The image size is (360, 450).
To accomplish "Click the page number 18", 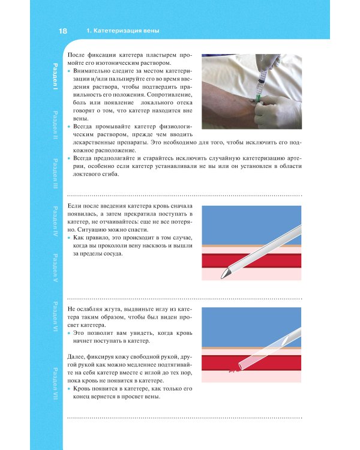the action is pyautogui.click(x=62, y=31).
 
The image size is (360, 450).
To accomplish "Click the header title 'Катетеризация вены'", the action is pyautogui.click(x=127, y=31).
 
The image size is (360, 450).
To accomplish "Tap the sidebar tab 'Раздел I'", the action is pyautogui.click(x=55, y=76).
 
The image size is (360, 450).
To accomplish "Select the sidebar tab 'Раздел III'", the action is pyautogui.click(x=55, y=173).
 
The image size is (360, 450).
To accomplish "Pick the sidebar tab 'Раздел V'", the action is pyautogui.click(x=55, y=268).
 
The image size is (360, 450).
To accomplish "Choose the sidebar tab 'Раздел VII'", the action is pyautogui.click(x=55, y=384).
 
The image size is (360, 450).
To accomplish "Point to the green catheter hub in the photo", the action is pyautogui.click(x=259, y=98).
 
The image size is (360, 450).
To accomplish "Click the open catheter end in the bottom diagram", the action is pyautogui.click(x=241, y=367).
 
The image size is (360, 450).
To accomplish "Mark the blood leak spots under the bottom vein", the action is pyautogui.click(x=233, y=371).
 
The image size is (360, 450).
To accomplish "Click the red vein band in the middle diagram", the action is pyautogui.click(x=251, y=260).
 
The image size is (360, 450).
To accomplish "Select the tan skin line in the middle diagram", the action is pyautogui.click(x=251, y=246).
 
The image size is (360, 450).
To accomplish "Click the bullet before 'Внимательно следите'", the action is pyautogui.click(x=69, y=71).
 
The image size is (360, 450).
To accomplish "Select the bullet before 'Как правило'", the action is pyautogui.click(x=69, y=238).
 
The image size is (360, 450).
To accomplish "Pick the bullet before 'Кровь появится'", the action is pyautogui.click(x=69, y=389).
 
